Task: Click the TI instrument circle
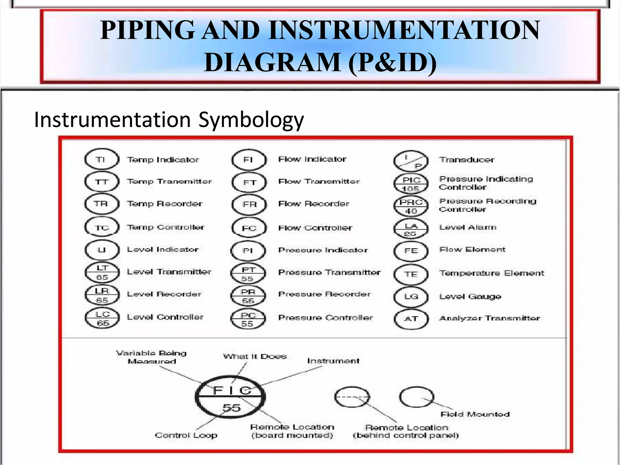pos(101,159)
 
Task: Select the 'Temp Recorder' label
pos(165,204)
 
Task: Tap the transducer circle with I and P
pos(411,161)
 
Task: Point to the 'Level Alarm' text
pos(468,227)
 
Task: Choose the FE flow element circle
pos(411,251)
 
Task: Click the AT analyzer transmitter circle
pos(411,319)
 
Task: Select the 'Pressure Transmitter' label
pos(329,272)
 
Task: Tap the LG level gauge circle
pos(411,297)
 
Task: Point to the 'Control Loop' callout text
pos(186,435)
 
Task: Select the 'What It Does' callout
pos(255,356)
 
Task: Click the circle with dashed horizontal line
pos(352,397)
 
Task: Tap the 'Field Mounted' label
pos(475,414)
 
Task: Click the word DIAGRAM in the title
pos(272,63)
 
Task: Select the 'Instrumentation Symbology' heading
pos(169,120)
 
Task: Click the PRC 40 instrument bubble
pos(411,206)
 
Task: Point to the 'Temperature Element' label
pos(492,273)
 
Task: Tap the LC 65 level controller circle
pos(102,319)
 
